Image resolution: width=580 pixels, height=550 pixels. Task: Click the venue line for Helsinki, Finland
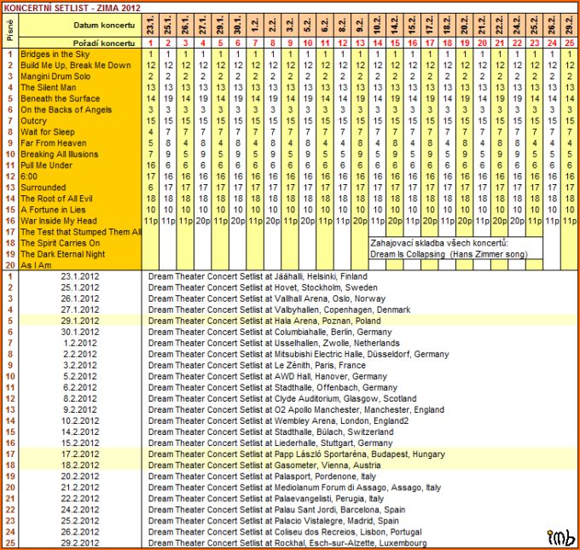(x=258, y=277)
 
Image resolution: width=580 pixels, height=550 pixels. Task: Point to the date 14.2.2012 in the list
(x=80, y=432)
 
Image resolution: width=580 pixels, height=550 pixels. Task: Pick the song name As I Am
(x=36, y=265)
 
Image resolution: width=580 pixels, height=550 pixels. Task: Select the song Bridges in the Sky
(x=55, y=55)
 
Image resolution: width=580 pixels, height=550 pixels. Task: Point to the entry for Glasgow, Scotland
(x=270, y=399)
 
